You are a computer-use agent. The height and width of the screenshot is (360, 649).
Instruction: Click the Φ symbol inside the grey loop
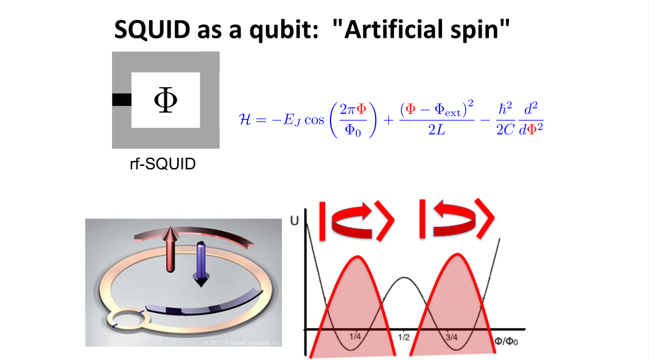point(165,100)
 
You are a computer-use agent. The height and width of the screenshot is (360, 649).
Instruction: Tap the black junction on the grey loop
point(122,100)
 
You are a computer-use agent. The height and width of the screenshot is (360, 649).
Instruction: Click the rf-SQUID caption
point(164,164)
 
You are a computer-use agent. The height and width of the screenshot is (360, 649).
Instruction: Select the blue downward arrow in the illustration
point(200,263)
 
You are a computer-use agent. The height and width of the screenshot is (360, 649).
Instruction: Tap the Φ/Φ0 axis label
point(507,340)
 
